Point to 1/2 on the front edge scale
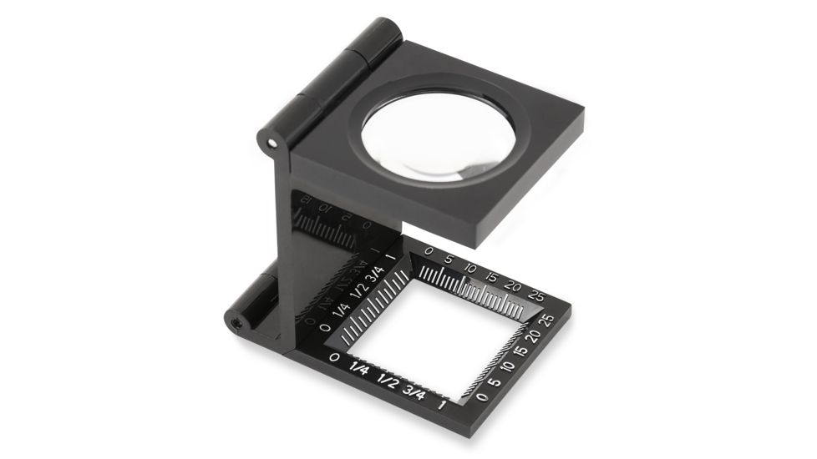(x=388, y=381)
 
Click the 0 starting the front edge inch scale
(x=334, y=358)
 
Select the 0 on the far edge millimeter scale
(x=429, y=250)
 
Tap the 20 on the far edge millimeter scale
(x=513, y=286)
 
